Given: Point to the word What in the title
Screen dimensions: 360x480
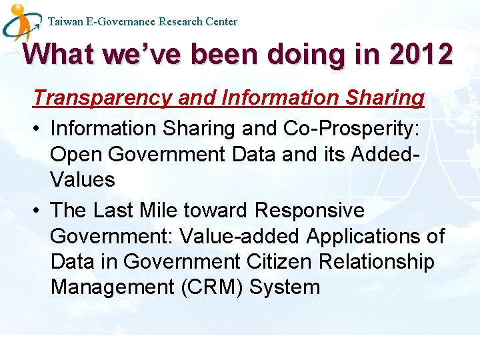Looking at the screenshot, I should pos(59,54).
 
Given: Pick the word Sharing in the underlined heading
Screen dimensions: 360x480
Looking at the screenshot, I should pos(385,98).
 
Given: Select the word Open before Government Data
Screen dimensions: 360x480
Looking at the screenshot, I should pos(76,154).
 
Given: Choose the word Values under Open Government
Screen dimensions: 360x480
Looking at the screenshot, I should pos(83,180).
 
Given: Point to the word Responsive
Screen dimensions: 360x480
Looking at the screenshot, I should pos(309,211).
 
